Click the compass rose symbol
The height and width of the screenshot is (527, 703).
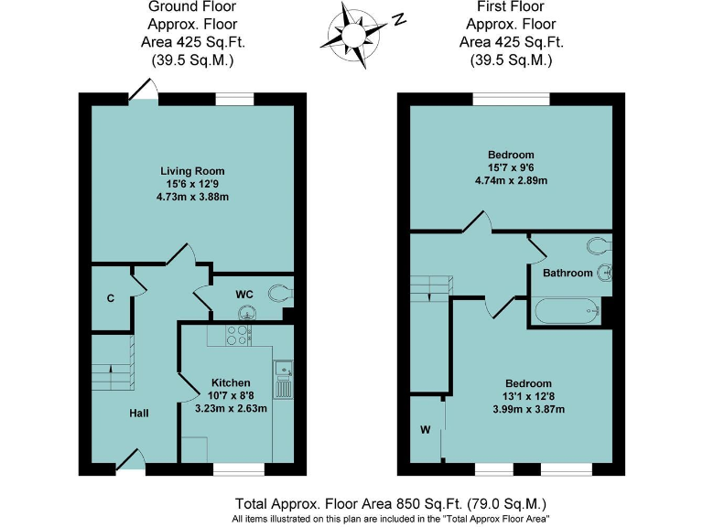352,34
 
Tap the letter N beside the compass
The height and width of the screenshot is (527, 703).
397,19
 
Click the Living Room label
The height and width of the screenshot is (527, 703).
192,171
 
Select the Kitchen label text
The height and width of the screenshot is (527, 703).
231,382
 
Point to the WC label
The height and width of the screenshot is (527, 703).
244,294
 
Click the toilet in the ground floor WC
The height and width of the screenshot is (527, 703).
278,294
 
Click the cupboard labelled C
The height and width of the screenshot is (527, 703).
110,297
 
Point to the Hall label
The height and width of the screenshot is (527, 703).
139,414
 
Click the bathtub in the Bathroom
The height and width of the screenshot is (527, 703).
567,312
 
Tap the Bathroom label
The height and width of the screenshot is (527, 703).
568,273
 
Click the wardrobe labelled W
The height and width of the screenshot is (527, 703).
426,429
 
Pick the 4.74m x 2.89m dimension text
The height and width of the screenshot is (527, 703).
512,180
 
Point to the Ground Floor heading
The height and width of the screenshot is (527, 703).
192,8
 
